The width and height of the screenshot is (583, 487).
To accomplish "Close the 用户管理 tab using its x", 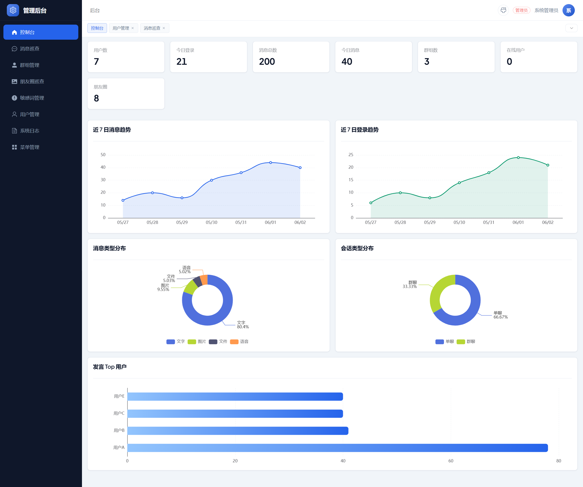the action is pyautogui.click(x=133, y=28).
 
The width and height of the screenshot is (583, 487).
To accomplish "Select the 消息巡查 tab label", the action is pyautogui.click(x=152, y=28).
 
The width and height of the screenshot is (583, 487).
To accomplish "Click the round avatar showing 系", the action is pyautogui.click(x=568, y=10).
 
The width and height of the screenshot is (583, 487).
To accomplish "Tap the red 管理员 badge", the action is pyautogui.click(x=521, y=10).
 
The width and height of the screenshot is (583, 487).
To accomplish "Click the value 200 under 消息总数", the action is pyautogui.click(x=267, y=61).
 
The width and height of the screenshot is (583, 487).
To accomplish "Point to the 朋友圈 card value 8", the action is pyautogui.click(x=96, y=98).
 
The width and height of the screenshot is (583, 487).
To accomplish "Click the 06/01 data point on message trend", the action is pyautogui.click(x=271, y=163).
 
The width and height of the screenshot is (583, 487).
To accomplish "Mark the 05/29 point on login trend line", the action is pyautogui.click(x=430, y=198).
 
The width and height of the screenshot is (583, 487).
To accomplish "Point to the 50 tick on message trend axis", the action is pyautogui.click(x=103, y=155).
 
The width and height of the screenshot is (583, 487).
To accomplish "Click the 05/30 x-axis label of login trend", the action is pyautogui.click(x=459, y=222).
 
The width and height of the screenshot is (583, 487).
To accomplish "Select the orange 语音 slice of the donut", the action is pyautogui.click(x=204, y=280).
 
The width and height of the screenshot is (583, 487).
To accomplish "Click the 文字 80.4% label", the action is pyautogui.click(x=243, y=325).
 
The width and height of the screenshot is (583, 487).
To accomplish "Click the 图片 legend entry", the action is pyautogui.click(x=197, y=342).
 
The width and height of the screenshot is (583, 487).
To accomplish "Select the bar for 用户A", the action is pyautogui.click(x=338, y=448).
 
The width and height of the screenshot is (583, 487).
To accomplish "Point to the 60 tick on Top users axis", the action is pyautogui.click(x=451, y=461).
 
